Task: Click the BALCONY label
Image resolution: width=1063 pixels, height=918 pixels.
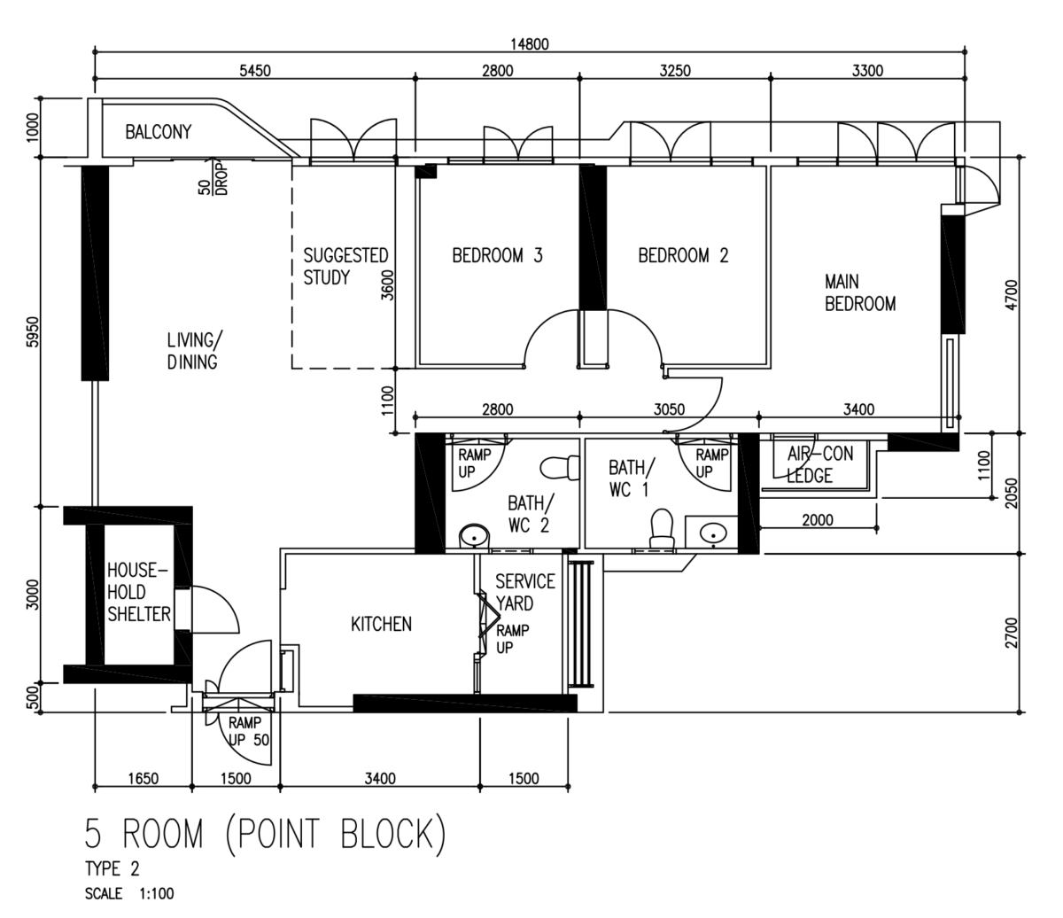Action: [159, 132]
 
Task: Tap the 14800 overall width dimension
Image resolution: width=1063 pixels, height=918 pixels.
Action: [529, 44]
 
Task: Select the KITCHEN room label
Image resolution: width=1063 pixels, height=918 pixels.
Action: [381, 624]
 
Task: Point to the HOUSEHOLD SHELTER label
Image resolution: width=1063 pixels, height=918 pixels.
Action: [138, 592]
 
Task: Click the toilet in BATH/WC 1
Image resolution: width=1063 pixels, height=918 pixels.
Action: [662, 528]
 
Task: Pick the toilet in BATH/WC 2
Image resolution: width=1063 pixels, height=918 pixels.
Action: [560, 468]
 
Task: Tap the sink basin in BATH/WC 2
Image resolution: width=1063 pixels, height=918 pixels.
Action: [473, 536]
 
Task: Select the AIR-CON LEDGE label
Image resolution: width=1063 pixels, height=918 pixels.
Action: [819, 464]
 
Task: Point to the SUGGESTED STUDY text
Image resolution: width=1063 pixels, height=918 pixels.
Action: [345, 267]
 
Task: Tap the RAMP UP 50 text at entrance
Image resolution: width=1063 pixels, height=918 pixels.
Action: [249, 731]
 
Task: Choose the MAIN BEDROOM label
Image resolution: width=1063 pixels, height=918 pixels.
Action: [860, 292]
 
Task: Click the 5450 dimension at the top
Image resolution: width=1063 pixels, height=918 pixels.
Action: [255, 71]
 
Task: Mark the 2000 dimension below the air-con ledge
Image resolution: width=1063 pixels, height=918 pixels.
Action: [817, 520]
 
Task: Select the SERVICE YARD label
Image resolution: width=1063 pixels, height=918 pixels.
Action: [525, 592]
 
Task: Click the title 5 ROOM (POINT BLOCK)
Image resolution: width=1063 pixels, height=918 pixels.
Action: [266, 834]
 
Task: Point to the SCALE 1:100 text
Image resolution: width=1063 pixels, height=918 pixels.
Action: [129, 893]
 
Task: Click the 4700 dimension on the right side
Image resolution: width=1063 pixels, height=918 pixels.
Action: [1011, 295]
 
